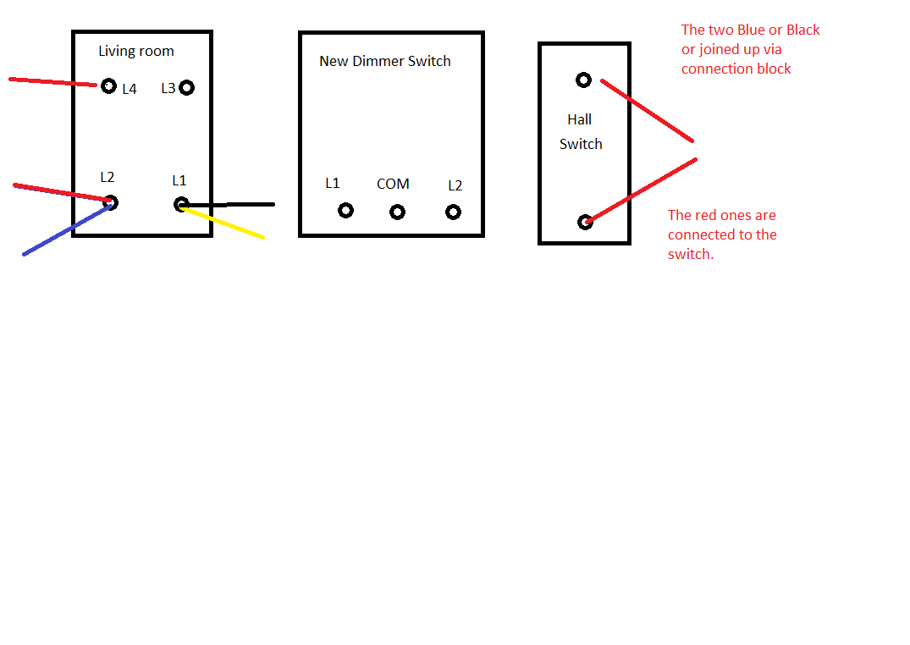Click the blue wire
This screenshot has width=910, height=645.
pos(67,229)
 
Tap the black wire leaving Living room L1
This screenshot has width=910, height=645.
pos(228,204)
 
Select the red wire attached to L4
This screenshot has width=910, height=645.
pos(52,82)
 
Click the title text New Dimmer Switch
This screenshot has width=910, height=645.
pos(385,61)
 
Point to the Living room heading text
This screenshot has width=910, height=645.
pos(135,51)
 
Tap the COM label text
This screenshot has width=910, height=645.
pos(393,184)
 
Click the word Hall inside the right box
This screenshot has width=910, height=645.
pos(579,119)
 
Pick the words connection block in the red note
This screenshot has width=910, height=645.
pos(736,69)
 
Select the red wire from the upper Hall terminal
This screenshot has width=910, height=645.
pos(647,110)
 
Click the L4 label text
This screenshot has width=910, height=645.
pos(130,89)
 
